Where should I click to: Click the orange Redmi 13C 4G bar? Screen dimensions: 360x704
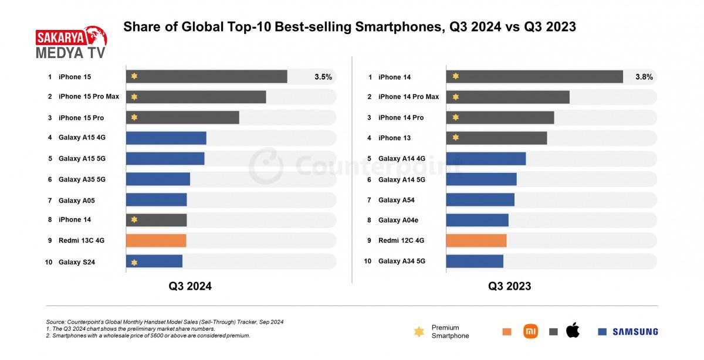tap(156, 240)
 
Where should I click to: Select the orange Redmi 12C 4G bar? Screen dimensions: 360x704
tap(476, 240)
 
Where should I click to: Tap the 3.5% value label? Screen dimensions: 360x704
tap(323, 77)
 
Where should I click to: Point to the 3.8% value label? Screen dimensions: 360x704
tap(644, 77)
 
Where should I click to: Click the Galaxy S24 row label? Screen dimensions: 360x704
tap(77, 262)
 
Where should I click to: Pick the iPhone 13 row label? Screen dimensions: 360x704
tap(394, 138)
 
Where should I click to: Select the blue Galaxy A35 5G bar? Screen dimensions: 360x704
tap(158, 179)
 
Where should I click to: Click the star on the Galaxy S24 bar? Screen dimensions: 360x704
tap(134, 262)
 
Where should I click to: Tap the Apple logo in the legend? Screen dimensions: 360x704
tap(573, 331)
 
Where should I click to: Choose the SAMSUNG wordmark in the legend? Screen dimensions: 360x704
tap(635, 332)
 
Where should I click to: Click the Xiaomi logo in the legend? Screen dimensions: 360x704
tap(530, 331)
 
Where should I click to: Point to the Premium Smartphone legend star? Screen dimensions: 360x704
tap(419, 332)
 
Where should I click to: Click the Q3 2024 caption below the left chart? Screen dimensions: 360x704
tap(190, 286)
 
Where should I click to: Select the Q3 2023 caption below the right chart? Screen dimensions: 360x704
tap(510, 286)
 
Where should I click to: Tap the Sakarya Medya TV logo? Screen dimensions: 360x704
tap(71, 43)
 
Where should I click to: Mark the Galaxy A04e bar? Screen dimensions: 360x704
tap(477, 220)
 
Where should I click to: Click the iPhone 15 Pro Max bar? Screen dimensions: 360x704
tap(196, 97)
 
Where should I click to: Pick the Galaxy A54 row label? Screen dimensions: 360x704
tap(396, 200)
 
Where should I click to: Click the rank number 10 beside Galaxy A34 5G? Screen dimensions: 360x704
tap(367, 261)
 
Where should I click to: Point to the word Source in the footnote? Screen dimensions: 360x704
tap(56, 322)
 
